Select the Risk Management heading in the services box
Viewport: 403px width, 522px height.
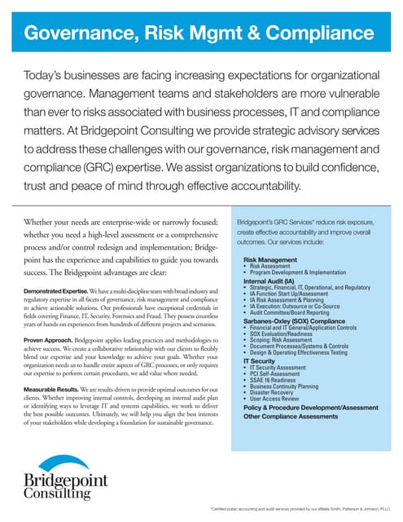point(270,259)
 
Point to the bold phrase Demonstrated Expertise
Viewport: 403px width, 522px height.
point(55,291)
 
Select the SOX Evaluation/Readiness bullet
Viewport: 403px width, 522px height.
point(284,334)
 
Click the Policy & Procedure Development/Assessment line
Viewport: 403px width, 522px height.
point(310,407)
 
